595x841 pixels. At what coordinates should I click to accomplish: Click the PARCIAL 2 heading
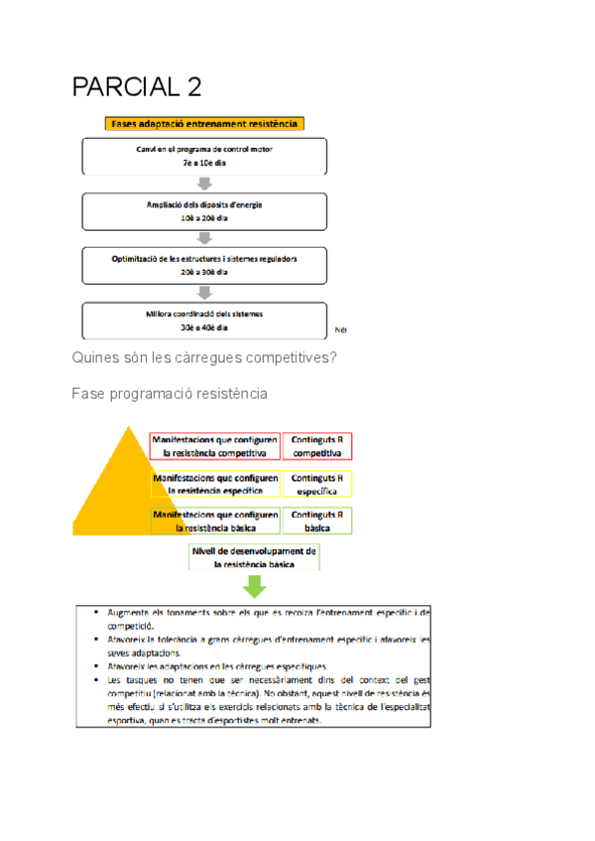coord(137,87)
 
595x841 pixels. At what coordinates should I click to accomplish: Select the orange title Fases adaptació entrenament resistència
coord(203,124)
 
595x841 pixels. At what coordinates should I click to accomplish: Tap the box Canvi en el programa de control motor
coord(204,156)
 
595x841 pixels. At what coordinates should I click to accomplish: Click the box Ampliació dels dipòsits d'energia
coord(204,210)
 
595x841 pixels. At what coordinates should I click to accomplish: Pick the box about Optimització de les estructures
coord(204,265)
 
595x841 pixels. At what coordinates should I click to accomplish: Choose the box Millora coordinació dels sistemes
coord(204,320)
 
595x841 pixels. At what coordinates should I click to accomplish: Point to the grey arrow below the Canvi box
coord(205,183)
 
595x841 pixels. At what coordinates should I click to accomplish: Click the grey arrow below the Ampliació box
coord(205,238)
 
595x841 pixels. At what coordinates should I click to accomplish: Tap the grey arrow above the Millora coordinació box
coord(205,293)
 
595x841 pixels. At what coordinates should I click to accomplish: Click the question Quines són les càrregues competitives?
coord(204,358)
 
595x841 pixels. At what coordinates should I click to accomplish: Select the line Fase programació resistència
coord(170,394)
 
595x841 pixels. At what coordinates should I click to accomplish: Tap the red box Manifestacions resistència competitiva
coord(215,446)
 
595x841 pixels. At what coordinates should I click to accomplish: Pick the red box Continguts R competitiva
coord(317,446)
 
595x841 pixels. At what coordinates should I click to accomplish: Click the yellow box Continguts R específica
coord(317,484)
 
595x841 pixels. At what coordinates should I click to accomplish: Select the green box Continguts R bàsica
coord(317,522)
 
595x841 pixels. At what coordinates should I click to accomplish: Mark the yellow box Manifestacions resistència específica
coord(215,484)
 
